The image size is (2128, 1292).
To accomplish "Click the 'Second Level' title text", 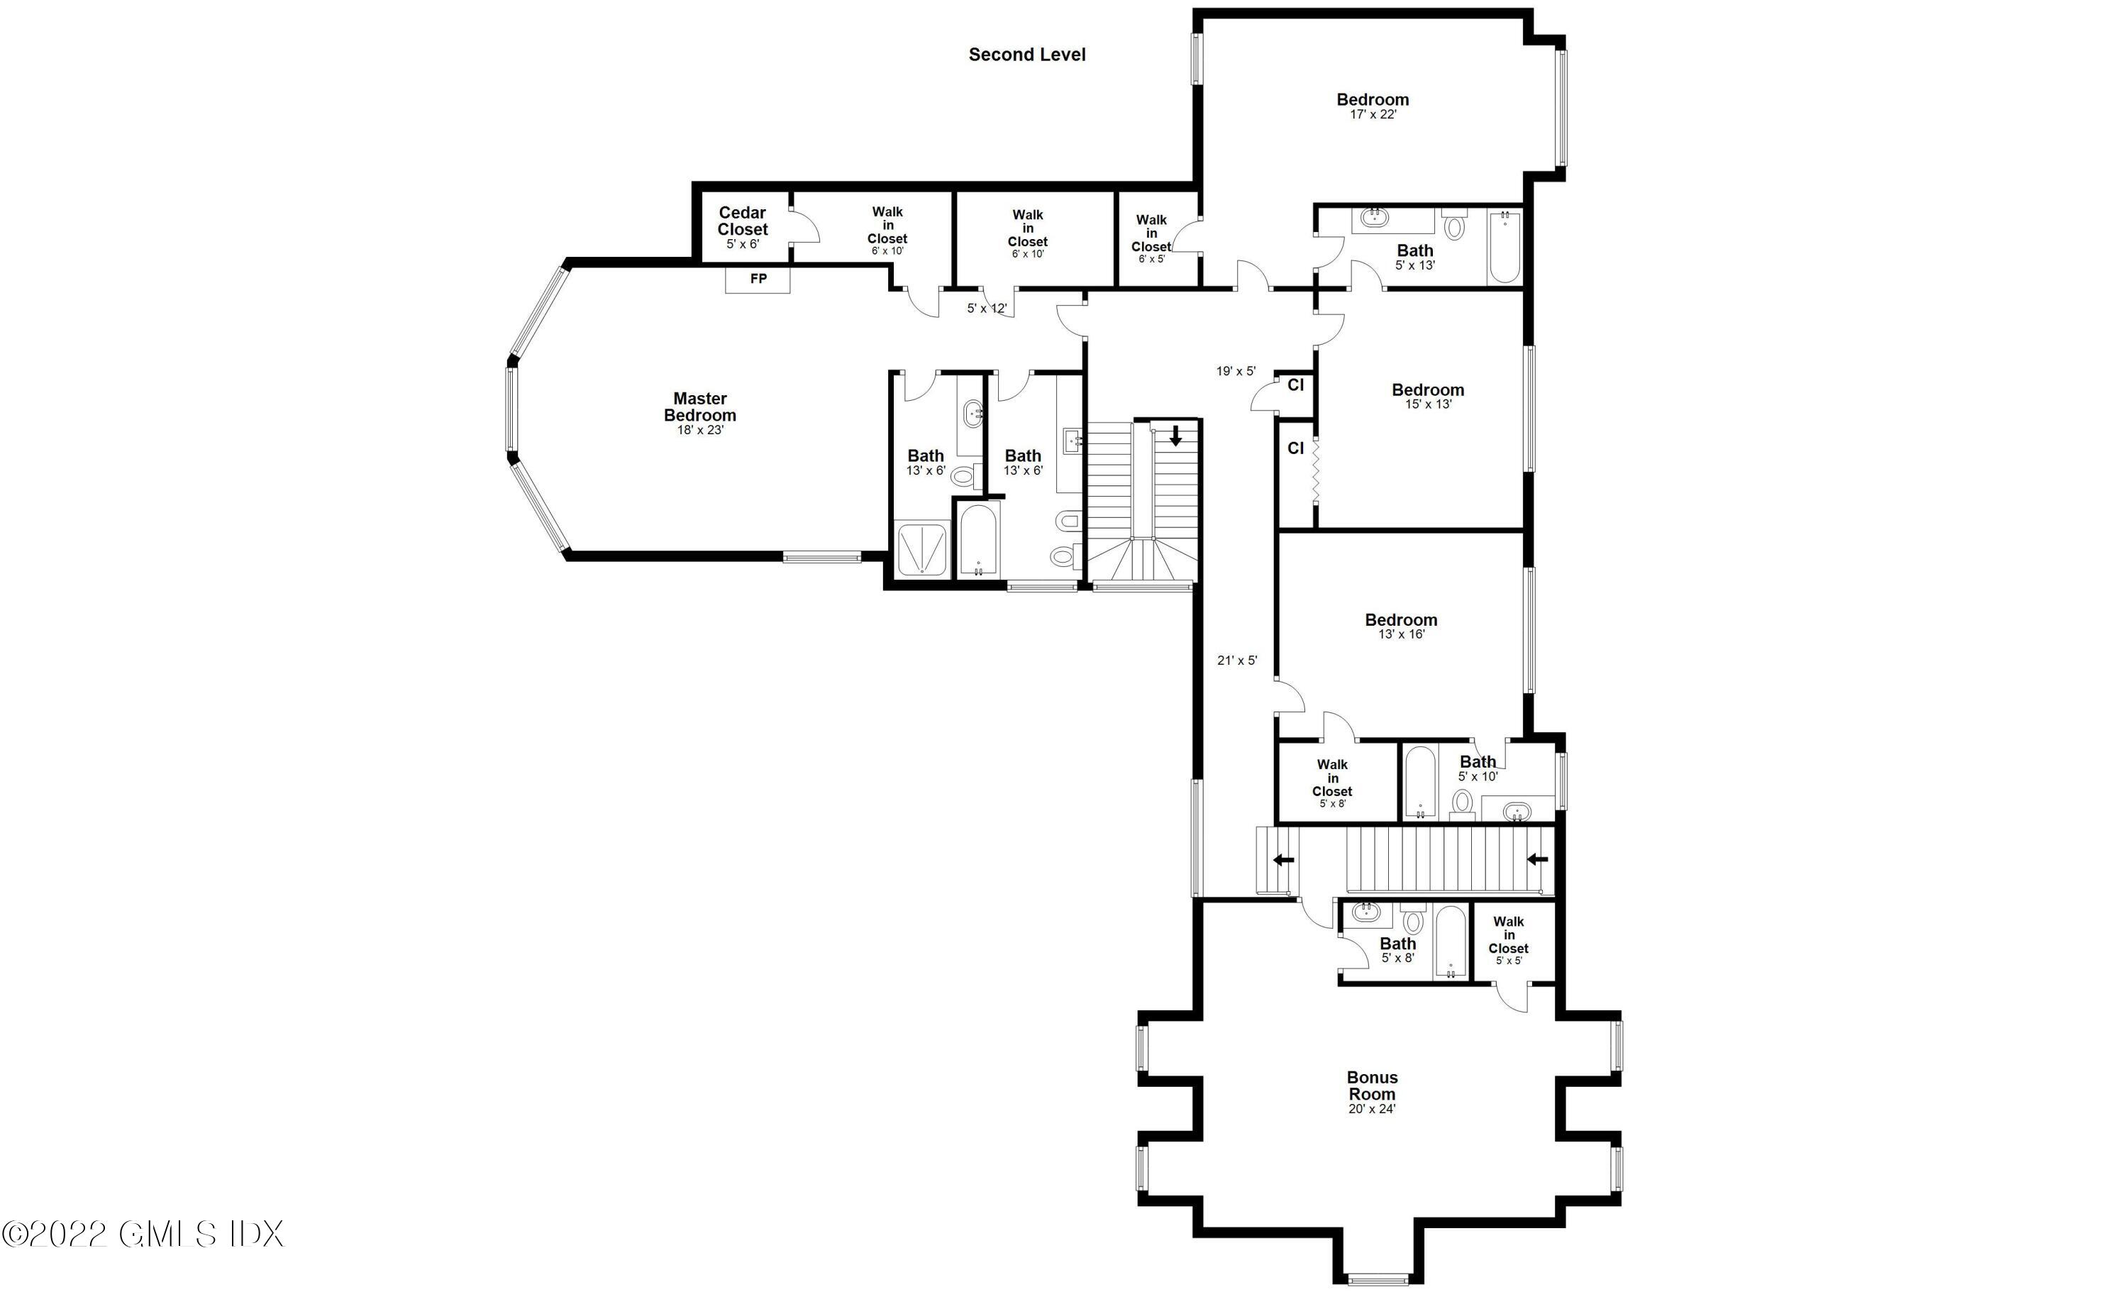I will coord(1027,55).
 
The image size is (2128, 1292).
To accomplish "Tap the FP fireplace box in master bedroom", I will coord(758,280).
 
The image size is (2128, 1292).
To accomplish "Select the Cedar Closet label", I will coord(742,221).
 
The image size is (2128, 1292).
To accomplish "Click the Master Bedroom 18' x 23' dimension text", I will coord(699,429).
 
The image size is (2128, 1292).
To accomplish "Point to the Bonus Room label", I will coord(1371,1086).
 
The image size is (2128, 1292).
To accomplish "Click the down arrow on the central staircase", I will coord(1175,436).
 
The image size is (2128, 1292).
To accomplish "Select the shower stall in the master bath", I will coord(924,549).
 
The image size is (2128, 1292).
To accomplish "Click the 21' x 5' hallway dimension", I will coord(1237,661).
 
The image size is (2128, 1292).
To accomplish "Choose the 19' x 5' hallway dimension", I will coord(1236,371).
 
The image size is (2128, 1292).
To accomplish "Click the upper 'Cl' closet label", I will coord(1295,385).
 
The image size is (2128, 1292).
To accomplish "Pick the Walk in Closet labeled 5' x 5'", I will coord(1509,941).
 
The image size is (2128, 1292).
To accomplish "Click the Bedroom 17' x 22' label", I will coord(1373,106).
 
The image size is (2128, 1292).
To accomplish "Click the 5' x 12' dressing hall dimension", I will coord(986,309).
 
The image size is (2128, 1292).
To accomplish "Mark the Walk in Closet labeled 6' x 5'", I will coord(1151,238).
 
